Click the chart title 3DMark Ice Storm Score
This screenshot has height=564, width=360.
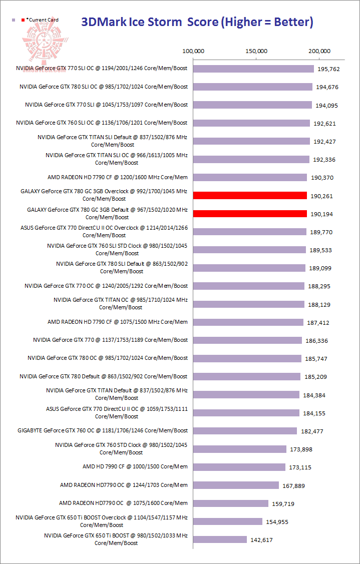[197, 22]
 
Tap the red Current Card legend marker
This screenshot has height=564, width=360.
[23, 20]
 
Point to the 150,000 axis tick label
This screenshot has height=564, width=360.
[256, 51]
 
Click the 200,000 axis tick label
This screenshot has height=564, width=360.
[319, 51]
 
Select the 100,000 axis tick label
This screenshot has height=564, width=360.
[193, 51]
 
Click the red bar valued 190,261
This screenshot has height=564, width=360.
[250, 196]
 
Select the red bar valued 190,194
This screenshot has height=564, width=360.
[250, 214]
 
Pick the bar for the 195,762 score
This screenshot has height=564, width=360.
[253, 69]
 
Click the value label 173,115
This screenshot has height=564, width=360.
[301, 467]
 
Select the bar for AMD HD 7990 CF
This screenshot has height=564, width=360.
[239, 467]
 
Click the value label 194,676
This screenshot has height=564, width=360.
[328, 88]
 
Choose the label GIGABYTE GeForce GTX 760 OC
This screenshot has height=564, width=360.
[103, 430]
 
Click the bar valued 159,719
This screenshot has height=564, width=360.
[231, 503]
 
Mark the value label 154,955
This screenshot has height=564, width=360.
[278, 521]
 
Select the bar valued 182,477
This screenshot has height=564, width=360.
[245, 431]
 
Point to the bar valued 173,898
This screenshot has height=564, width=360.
[240, 449]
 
